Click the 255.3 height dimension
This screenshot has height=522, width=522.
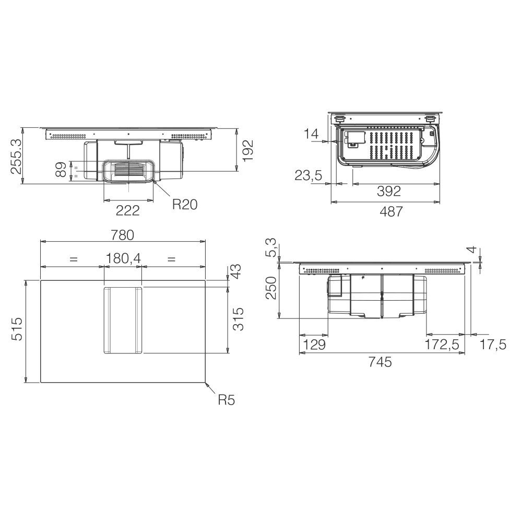tap(16, 157)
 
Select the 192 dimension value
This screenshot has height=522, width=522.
tap(248, 150)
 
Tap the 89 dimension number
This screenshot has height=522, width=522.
tap(61, 169)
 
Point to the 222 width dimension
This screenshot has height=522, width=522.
tap(128, 210)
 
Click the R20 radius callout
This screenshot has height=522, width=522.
tap(185, 205)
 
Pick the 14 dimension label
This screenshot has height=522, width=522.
tap(311, 134)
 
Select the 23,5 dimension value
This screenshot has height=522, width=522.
tap(309, 175)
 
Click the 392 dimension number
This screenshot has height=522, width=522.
tap(389, 191)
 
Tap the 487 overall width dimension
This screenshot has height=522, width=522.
tap(391, 211)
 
